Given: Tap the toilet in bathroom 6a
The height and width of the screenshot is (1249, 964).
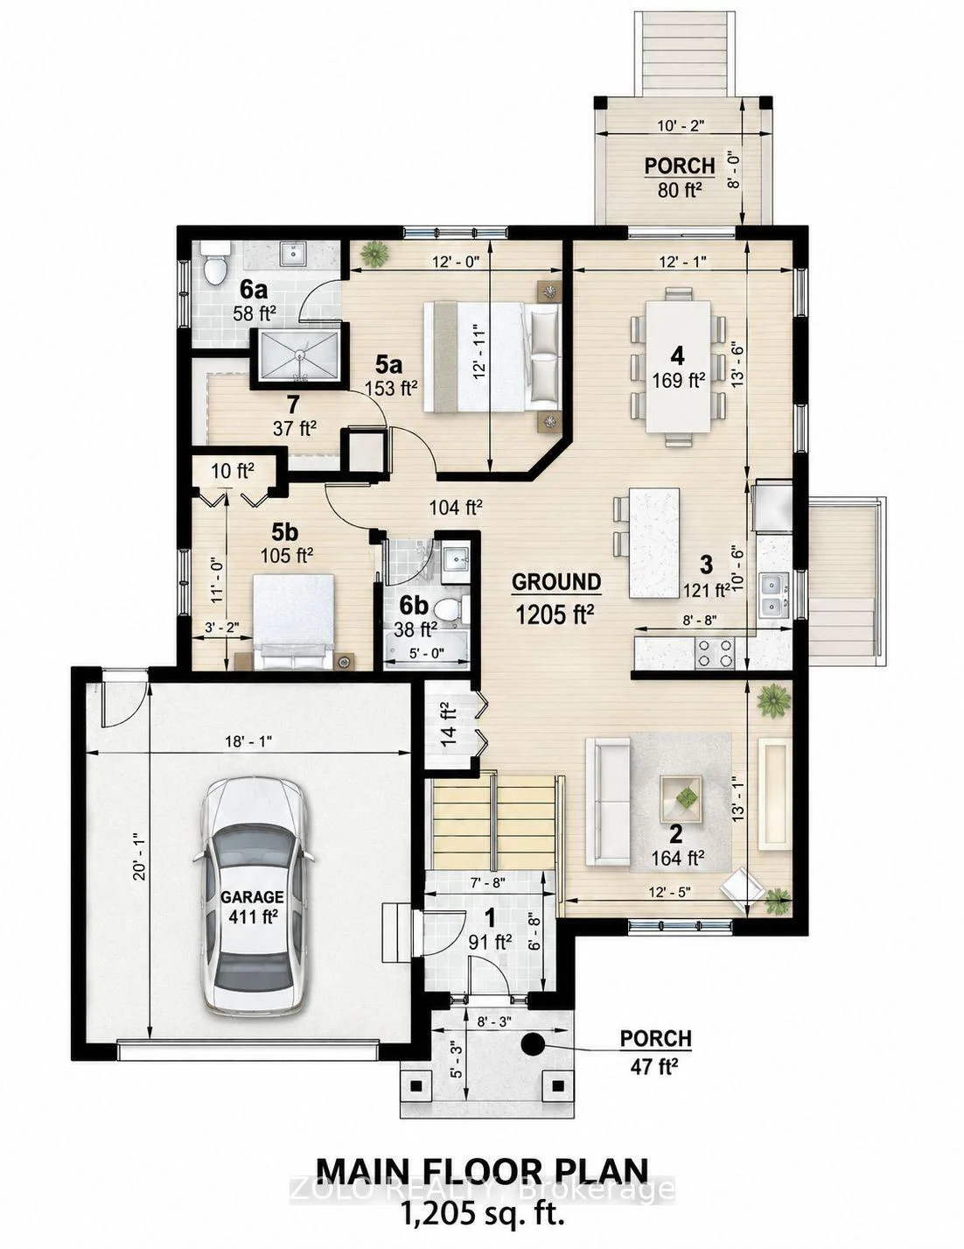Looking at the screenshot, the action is pyautogui.click(x=215, y=262).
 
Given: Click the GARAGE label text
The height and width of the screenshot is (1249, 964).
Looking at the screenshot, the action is pyautogui.click(x=252, y=897).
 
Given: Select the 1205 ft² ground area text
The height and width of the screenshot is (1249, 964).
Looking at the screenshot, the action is pyautogui.click(x=555, y=615).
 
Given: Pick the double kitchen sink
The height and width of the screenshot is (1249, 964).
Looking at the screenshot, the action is pyautogui.click(x=772, y=595).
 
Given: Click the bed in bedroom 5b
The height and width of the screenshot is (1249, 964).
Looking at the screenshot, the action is pyautogui.click(x=294, y=621).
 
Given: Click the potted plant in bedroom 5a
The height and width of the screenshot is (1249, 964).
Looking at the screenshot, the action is pyautogui.click(x=374, y=253).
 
